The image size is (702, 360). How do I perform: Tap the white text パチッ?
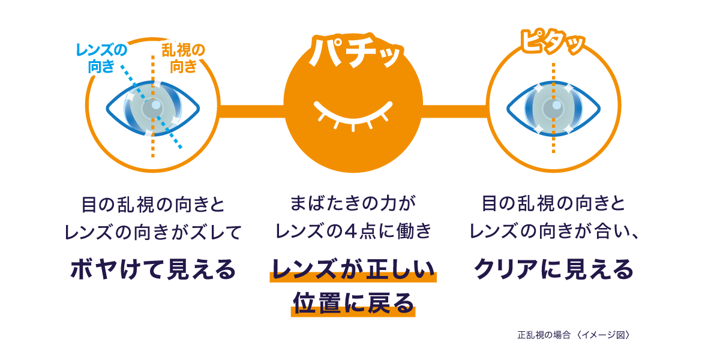pyautogui.click(x=354, y=53)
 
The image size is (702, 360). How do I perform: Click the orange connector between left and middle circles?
pyautogui.click(x=252, y=111)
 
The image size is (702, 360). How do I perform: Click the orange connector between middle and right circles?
pyautogui.click(x=454, y=111)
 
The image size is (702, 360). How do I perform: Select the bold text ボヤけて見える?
pyautogui.click(x=154, y=269)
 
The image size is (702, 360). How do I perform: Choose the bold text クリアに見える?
pyautogui.click(x=553, y=269)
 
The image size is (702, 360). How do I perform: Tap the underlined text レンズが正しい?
pyautogui.click(x=353, y=269)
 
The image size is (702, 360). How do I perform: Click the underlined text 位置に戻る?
pyautogui.click(x=353, y=303)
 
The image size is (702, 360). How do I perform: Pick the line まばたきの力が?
pyautogui.click(x=353, y=204)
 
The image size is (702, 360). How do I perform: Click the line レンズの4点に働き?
pyautogui.click(x=353, y=232)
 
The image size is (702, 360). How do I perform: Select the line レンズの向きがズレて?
pyautogui.click(x=153, y=232)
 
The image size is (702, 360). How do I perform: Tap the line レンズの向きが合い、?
pyautogui.click(x=553, y=232)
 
